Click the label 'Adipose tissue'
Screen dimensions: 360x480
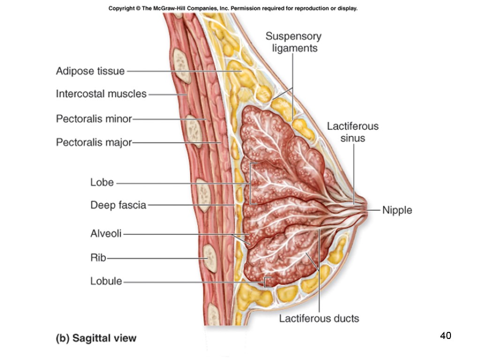[90, 71]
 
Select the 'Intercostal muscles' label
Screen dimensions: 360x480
[101, 94]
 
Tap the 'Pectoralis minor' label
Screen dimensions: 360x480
[94, 119]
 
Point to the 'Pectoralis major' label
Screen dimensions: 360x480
[94, 142]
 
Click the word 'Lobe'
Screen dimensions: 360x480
[102, 182]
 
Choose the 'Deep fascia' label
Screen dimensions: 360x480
[118, 205]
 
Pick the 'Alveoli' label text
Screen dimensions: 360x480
[106, 233]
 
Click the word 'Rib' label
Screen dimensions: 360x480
[98, 257]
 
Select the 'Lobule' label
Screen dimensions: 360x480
[106, 281]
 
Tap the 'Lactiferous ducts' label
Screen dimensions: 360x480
[319, 319]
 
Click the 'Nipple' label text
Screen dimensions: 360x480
[397, 210]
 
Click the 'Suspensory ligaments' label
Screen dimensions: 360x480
[293, 42]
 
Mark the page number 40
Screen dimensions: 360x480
[445, 336]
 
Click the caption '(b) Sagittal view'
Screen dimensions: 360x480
[96, 338]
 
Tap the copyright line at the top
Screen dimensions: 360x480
[233, 8]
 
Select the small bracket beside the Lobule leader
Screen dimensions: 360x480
[267, 281]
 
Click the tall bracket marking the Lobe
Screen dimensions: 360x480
[252, 183]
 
